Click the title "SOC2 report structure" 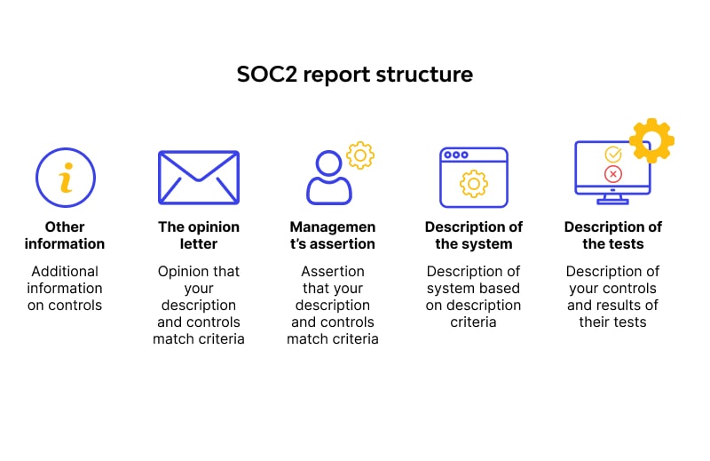(x=354, y=75)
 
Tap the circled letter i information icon (x=65, y=177)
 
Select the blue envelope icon (x=198, y=177)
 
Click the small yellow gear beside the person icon (x=359, y=155)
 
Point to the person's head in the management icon (x=329, y=163)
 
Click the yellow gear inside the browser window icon (x=473, y=183)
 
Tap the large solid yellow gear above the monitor (x=651, y=140)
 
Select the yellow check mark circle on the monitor (x=612, y=155)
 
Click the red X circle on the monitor (x=612, y=174)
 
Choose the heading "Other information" (x=65, y=235)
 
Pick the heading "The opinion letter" (x=199, y=235)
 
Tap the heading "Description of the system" (x=473, y=235)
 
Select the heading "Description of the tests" (x=613, y=235)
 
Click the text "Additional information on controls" (x=65, y=288)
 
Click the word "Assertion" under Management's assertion (x=332, y=271)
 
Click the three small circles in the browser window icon (x=456, y=155)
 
